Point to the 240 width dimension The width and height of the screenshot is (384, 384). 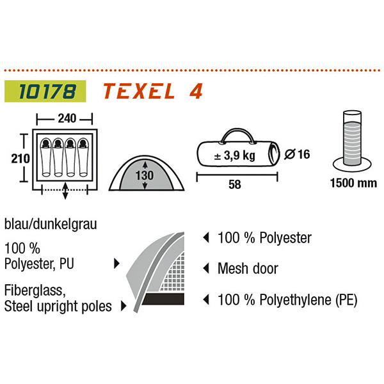tap(64, 118)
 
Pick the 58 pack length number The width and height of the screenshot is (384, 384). tap(237, 184)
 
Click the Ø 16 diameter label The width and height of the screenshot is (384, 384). tap(296, 154)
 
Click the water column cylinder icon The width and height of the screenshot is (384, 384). tap(352, 141)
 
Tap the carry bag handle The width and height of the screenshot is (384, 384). tap(236, 135)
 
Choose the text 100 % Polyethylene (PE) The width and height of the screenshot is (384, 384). tap(287, 299)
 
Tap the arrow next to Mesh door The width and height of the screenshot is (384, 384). tap(206, 268)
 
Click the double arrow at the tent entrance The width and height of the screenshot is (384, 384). tap(66, 189)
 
